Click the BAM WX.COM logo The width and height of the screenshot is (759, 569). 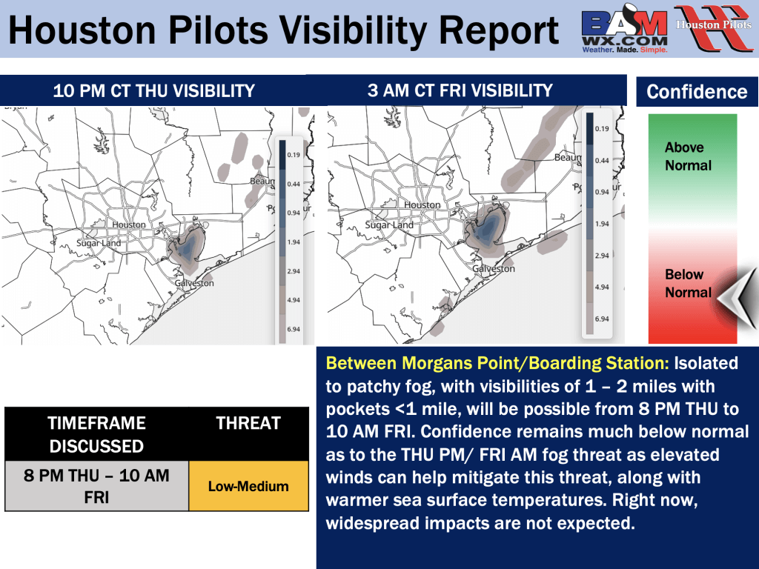(x=624, y=29)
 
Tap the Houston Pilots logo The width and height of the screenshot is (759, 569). (x=714, y=28)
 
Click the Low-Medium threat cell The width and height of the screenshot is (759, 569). (x=248, y=486)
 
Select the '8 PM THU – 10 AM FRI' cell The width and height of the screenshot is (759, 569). (x=97, y=486)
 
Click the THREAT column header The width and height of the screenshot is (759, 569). (x=248, y=423)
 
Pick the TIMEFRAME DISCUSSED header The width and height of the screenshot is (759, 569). (x=97, y=434)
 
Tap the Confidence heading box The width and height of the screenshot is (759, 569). (x=697, y=91)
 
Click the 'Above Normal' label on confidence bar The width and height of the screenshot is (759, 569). (x=688, y=156)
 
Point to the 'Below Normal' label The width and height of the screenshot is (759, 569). (x=688, y=284)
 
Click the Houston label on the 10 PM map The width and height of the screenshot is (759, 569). (x=129, y=224)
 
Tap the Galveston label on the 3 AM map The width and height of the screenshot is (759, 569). (x=493, y=268)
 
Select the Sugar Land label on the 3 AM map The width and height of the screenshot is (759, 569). (x=389, y=225)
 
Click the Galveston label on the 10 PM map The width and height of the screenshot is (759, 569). (x=194, y=283)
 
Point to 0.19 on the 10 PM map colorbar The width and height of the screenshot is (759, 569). (x=294, y=155)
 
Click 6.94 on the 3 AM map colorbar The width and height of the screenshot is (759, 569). (x=602, y=319)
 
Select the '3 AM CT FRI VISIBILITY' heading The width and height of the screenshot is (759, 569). (x=460, y=90)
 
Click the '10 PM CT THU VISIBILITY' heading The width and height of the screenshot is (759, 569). (x=154, y=91)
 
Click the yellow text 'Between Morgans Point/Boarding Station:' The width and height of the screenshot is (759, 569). (x=497, y=363)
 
